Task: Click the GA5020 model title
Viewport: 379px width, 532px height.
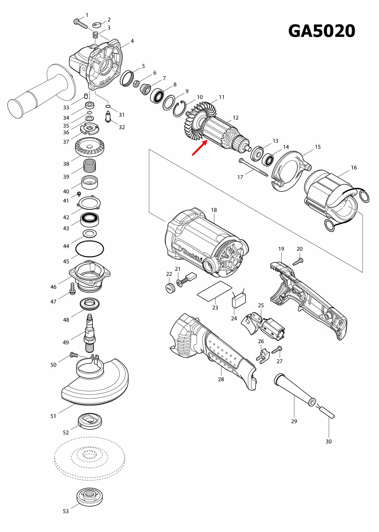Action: pyautogui.click(x=322, y=31)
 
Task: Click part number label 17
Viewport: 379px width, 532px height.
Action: pyautogui.click(x=240, y=177)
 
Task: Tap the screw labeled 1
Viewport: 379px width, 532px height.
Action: pyautogui.click(x=80, y=23)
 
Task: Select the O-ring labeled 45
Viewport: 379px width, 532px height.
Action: pyautogui.click(x=89, y=249)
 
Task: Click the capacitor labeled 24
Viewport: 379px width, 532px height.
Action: pyautogui.click(x=238, y=300)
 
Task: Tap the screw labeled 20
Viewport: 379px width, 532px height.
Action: pyautogui.click(x=298, y=262)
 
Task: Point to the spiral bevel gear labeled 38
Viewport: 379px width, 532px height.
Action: pyautogui.click(x=89, y=147)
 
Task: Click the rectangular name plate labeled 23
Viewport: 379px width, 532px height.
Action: pyautogui.click(x=215, y=291)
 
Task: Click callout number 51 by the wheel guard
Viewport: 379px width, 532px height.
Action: pyautogui.click(x=53, y=416)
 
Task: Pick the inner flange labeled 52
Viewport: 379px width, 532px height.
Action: pyautogui.click(x=90, y=421)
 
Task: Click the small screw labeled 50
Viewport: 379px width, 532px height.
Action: pyautogui.click(x=74, y=355)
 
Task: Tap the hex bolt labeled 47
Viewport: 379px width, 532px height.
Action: pyautogui.click(x=73, y=289)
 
